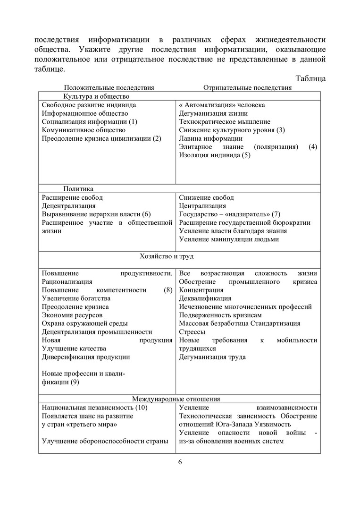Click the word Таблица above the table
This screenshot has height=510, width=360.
pos(310,78)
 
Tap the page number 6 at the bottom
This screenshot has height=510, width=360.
pos(180,462)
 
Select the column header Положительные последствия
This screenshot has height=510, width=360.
pos(109,87)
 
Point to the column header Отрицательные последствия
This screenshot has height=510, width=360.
pos(247,87)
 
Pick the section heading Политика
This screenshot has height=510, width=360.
pos(78,189)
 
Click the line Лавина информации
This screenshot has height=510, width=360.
pos(210,139)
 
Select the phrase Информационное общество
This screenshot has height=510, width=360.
pos(85,113)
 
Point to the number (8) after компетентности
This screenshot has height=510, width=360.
pos(168,290)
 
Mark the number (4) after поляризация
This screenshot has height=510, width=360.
pos(313,147)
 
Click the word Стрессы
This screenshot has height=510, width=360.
pos(192,332)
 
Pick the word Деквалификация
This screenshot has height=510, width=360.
pos(205,298)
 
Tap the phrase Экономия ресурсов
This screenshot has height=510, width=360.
pos(72,315)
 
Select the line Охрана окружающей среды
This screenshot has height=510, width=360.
pos(85,323)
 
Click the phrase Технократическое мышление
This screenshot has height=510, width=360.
pos(225,122)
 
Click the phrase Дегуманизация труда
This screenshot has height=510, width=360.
pos(212,357)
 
